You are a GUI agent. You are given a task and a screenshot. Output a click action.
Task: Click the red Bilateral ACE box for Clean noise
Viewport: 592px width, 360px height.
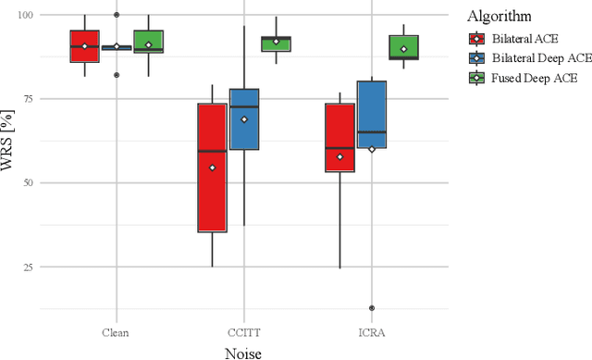(x=84, y=46)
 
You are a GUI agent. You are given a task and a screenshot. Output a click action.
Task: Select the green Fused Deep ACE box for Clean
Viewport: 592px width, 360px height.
(x=148, y=42)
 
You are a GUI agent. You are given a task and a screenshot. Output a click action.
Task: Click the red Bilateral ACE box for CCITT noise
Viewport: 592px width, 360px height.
(x=212, y=168)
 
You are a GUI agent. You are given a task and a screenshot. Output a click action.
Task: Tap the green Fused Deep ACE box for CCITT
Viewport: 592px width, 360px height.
(x=276, y=43)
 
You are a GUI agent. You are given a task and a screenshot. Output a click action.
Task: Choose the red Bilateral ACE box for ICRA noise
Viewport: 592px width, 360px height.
(x=339, y=137)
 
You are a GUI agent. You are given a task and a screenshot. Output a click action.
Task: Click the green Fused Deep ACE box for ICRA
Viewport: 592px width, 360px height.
(x=403, y=47)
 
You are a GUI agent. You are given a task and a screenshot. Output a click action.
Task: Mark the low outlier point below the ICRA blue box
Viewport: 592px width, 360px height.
(x=372, y=308)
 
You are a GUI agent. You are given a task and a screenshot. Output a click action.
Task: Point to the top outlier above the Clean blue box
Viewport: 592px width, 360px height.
(x=116, y=15)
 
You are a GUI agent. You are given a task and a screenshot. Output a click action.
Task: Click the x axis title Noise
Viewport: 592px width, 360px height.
(x=244, y=352)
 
